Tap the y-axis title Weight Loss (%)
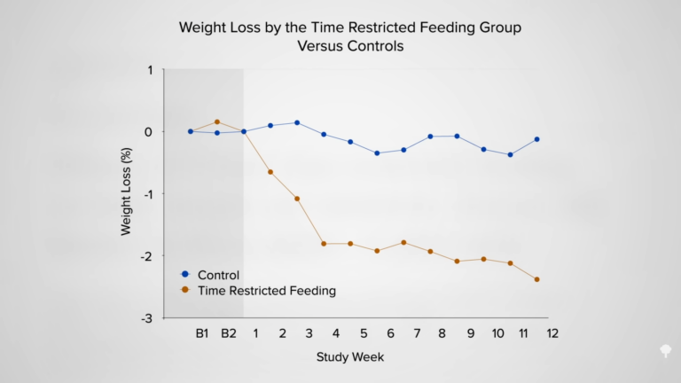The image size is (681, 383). (x=126, y=192)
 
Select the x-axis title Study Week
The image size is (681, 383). (x=349, y=356)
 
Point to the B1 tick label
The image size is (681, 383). (x=202, y=333)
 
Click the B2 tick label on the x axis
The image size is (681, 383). (x=229, y=333)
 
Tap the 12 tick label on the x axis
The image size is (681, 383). (x=552, y=333)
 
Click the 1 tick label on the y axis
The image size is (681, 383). (x=149, y=70)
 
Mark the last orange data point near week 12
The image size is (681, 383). (x=536, y=279)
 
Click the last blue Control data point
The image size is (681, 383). (x=536, y=139)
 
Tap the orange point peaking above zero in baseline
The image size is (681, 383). (x=217, y=122)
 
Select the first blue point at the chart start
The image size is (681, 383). (x=191, y=131)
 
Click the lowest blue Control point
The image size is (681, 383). (x=510, y=154)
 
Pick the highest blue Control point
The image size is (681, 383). (x=297, y=122)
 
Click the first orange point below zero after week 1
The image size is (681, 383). (x=270, y=172)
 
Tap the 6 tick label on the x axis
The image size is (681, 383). (x=389, y=333)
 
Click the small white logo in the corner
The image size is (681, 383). (x=664, y=351)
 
